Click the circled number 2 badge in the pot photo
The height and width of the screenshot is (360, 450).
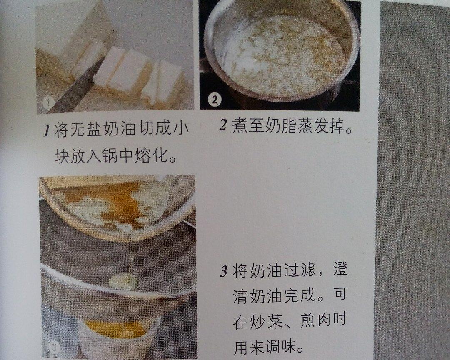click(215, 100)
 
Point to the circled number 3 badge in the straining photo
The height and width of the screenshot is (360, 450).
click(54, 347)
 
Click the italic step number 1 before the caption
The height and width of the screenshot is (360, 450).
click(47, 130)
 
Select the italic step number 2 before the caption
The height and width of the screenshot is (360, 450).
click(223, 125)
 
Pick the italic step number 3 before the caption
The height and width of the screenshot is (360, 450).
click(224, 271)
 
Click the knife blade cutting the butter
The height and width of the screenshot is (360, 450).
click(73, 90)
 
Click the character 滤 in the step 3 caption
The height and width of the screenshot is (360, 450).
click(307, 270)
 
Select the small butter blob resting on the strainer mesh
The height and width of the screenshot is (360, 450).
click(123, 280)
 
